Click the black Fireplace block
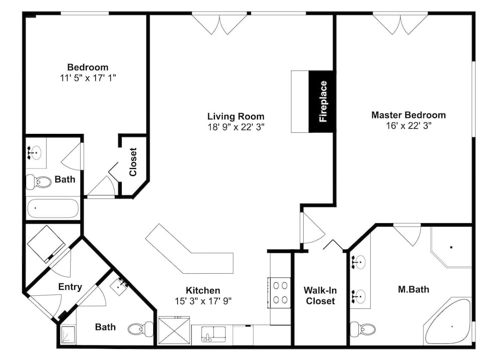pyautogui.click(x=322, y=101)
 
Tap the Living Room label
pyautogui.click(x=236, y=116)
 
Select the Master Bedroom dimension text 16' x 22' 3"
pyautogui.click(x=409, y=126)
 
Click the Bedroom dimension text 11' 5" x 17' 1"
pyautogui.click(x=88, y=78)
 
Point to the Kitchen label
pyautogui.click(x=203, y=290)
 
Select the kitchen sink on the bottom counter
pyautogui.click(x=213, y=334)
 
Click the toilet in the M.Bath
pyautogui.click(x=363, y=329)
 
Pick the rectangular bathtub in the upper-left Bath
pyautogui.click(x=53, y=208)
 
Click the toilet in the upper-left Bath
pyautogui.click(x=39, y=182)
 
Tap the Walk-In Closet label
pyautogui.click(x=320, y=295)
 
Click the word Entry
pyautogui.click(x=70, y=287)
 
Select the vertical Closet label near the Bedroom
pyautogui.click(x=133, y=162)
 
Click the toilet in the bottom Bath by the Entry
pyautogui.click(x=141, y=329)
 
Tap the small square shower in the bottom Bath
pyautogui.click(x=68, y=335)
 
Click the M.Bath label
pyautogui.click(x=413, y=289)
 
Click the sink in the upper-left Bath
pyautogui.click(x=36, y=153)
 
